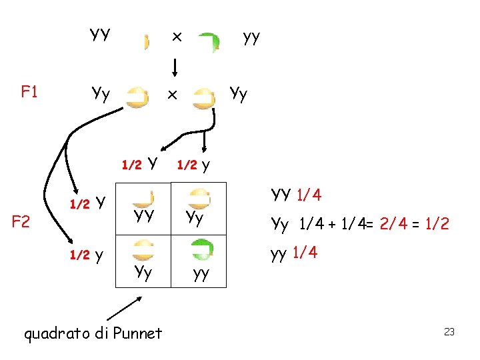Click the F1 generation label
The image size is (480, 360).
point(29,91)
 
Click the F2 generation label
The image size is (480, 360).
point(22,221)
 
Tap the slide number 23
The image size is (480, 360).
point(449,331)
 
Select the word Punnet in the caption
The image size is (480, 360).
point(139,333)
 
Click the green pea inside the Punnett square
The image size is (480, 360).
point(202,249)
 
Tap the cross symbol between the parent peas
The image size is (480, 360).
point(177,37)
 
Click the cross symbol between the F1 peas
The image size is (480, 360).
point(171,95)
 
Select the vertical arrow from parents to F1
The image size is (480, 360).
point(175,67)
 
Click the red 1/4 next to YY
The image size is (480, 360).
point(308,195)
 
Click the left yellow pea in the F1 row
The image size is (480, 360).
point(137,97)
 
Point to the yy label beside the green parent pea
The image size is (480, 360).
point(251,36)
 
